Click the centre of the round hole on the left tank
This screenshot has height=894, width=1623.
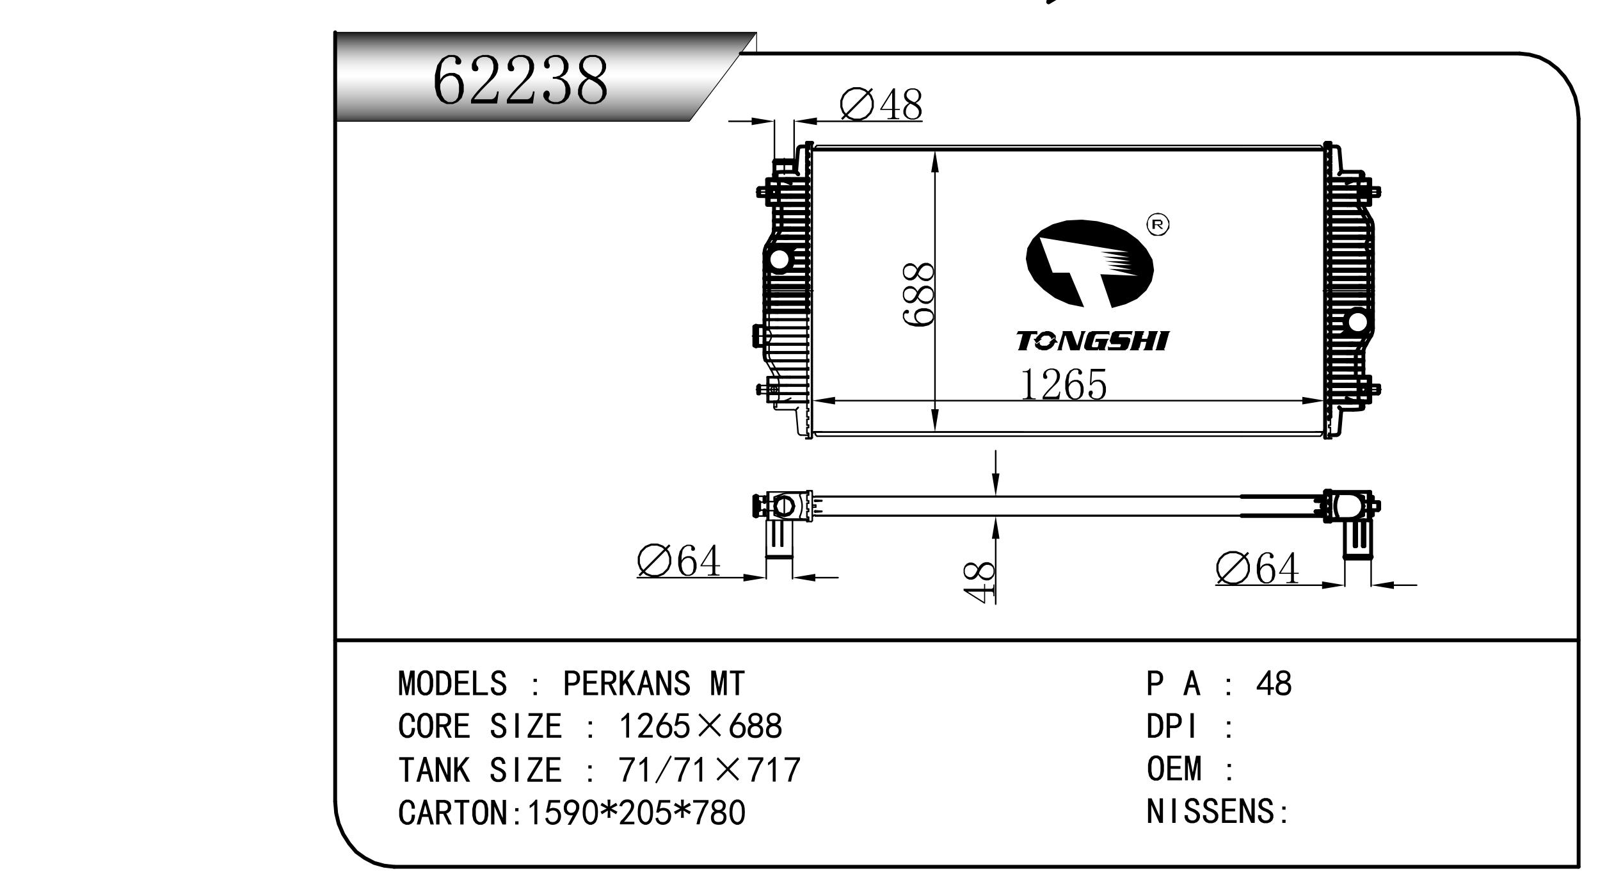pos(780,260)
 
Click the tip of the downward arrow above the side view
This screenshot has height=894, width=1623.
pos(996,495)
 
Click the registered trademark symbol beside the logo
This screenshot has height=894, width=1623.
pos(1158,224)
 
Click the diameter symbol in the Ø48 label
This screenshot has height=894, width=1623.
pos(857,105)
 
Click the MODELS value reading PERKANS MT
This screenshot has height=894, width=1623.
pos(653,683)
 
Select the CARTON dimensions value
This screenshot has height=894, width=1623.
pos(636,813)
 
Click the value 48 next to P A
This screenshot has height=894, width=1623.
pos(1274,683)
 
